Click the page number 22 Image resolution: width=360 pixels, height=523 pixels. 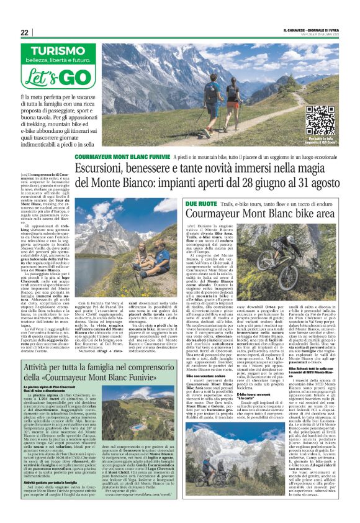[25, 32]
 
